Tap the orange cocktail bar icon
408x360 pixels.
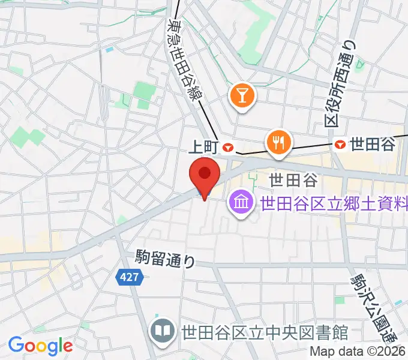pos(242,96)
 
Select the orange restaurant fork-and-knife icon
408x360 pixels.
pos(278,142)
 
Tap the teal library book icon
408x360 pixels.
pos(162,331)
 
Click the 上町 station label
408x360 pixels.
pos(203,146)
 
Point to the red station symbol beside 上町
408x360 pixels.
pos(228,146)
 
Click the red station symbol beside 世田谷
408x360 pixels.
pos(340,144)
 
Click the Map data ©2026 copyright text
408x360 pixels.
pos(358,353)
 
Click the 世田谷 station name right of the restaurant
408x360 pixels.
pos(372,144)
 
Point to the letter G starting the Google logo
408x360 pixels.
pos(15,345)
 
